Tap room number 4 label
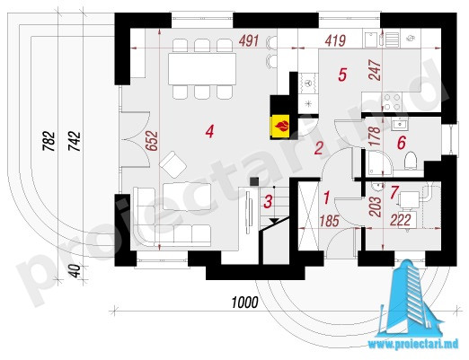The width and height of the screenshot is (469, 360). point(209,131)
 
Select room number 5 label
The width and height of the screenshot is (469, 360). point(342,75)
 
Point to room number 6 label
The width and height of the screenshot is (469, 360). point(402,143)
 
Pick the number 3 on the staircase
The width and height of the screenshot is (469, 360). point(268,201)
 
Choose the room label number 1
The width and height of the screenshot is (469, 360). point(327,198)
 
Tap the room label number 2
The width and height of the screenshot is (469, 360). point(318,148)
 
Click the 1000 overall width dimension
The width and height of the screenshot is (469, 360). point(245,303)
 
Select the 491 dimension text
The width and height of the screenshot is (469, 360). point(249,40)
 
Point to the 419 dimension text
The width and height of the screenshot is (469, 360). point(335,40)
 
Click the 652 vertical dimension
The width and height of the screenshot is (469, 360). point(152,141)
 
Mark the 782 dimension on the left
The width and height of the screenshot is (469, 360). point(49,141)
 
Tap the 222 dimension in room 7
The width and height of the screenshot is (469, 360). point(401,221)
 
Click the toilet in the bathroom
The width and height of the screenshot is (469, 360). point(410,161)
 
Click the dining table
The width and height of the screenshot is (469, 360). point(202,69)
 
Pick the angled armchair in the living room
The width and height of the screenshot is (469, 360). point(173,164)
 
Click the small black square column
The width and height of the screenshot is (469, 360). point(254,181)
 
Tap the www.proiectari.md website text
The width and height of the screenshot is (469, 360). point(413,344)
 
